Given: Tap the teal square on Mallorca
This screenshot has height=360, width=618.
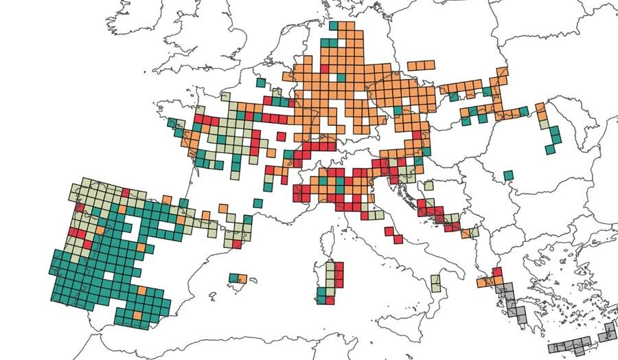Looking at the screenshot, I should click(235, 278).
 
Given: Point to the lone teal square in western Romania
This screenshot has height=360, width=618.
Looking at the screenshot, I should click(508, 175).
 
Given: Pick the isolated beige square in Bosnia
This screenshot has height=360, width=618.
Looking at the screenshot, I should click(428, 185).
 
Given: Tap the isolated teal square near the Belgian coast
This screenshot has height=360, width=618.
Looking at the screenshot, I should click(261, 82).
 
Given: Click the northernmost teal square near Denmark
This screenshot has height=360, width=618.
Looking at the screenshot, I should click(334, 25).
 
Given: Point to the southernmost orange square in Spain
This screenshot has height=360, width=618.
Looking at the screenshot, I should click(137, 315).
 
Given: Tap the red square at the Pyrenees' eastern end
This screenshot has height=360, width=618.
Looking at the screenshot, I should click(238, 244).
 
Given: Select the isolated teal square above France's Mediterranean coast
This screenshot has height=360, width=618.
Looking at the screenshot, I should click(257, 203).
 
